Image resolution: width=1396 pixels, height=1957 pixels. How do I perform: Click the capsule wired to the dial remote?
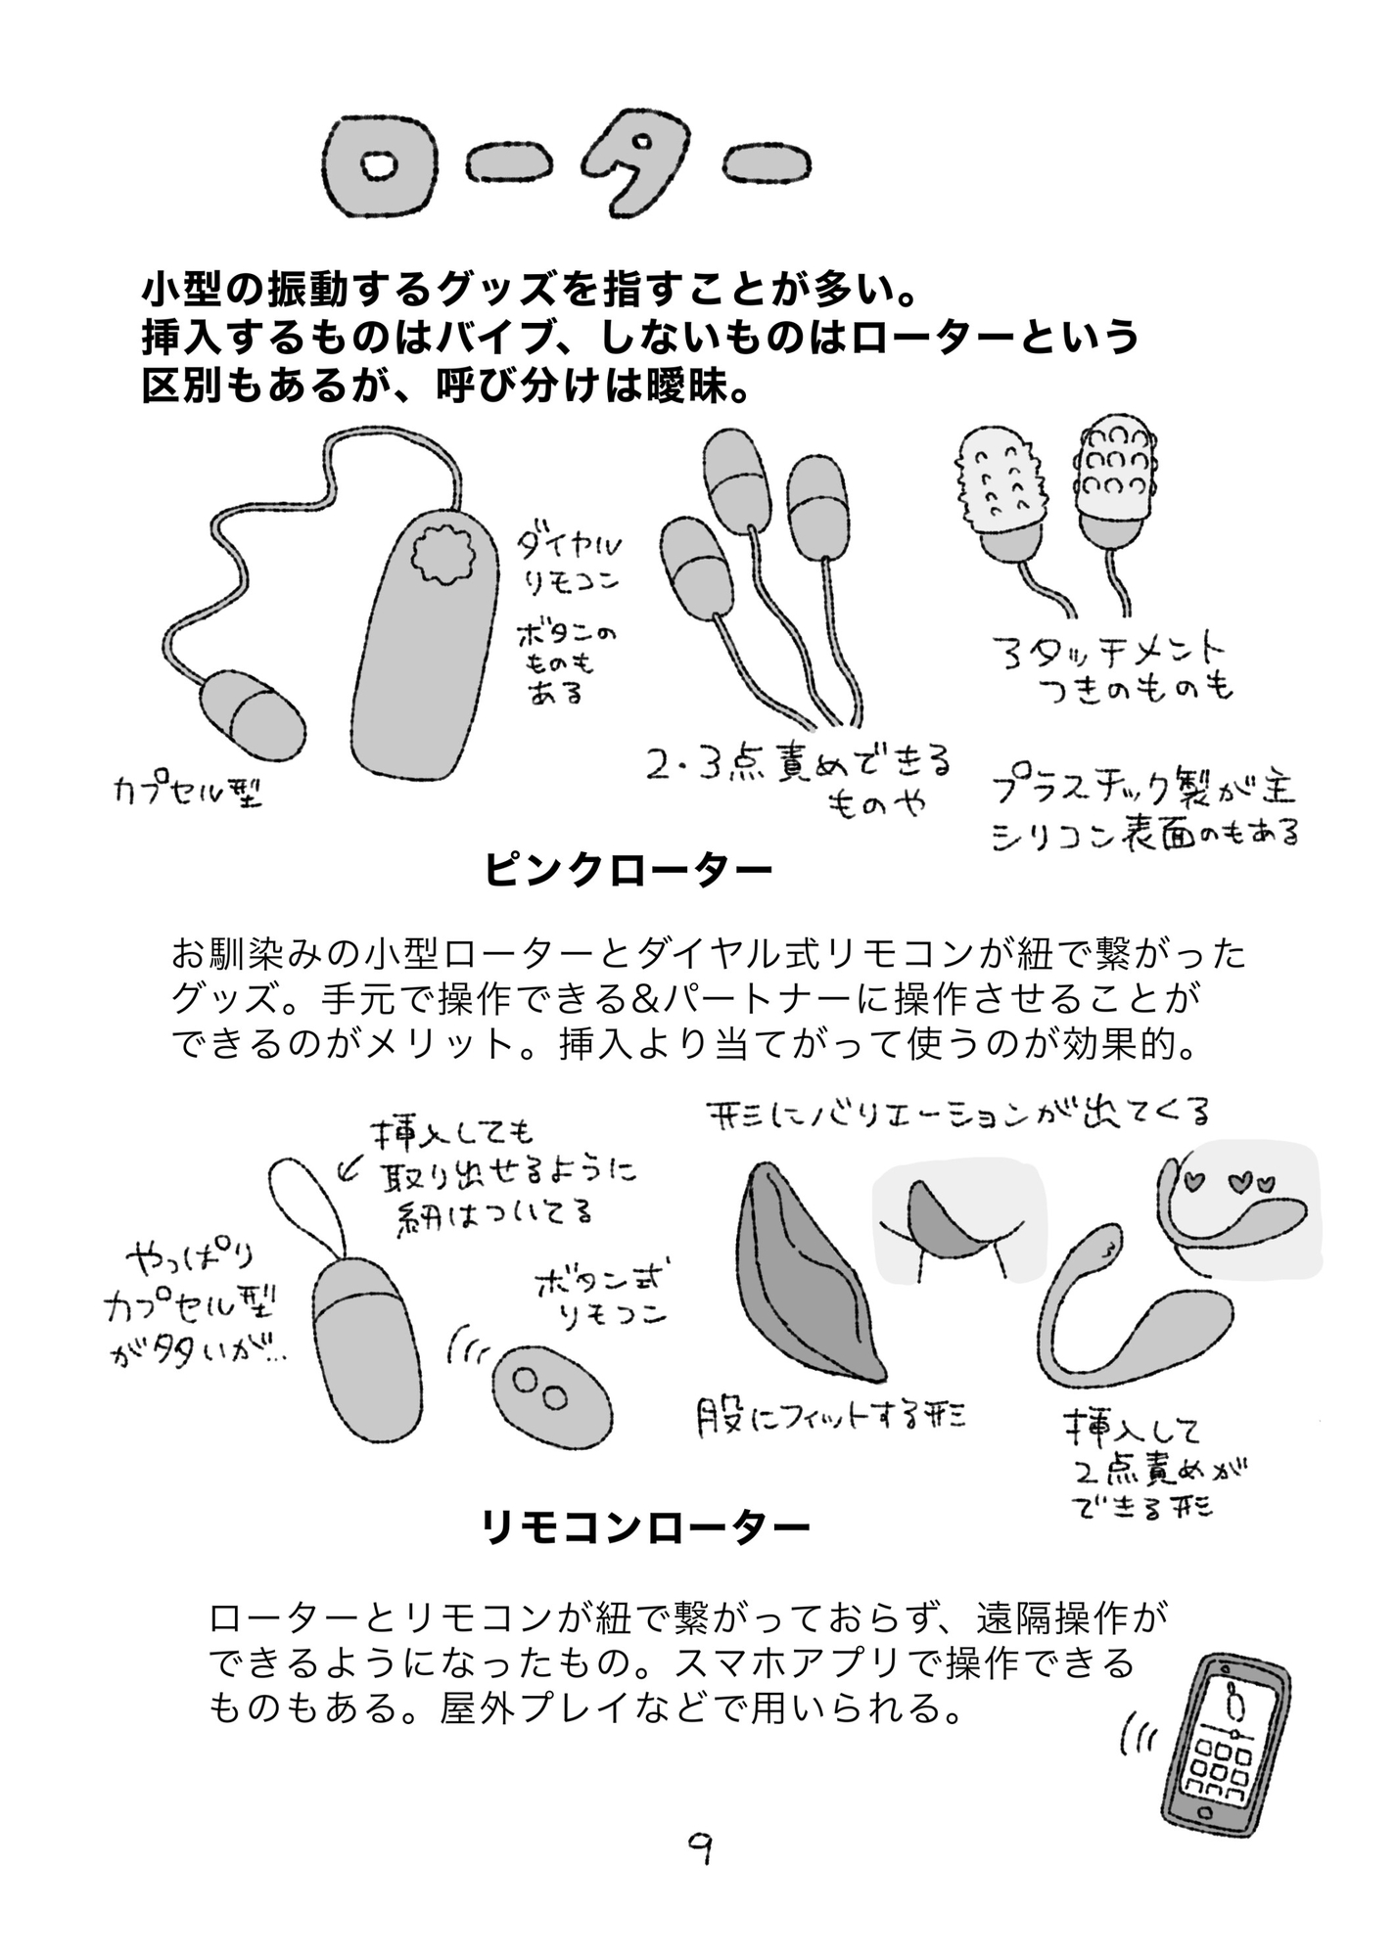(252, 713)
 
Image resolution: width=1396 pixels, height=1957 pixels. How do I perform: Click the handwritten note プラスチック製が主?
(1142, 791)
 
